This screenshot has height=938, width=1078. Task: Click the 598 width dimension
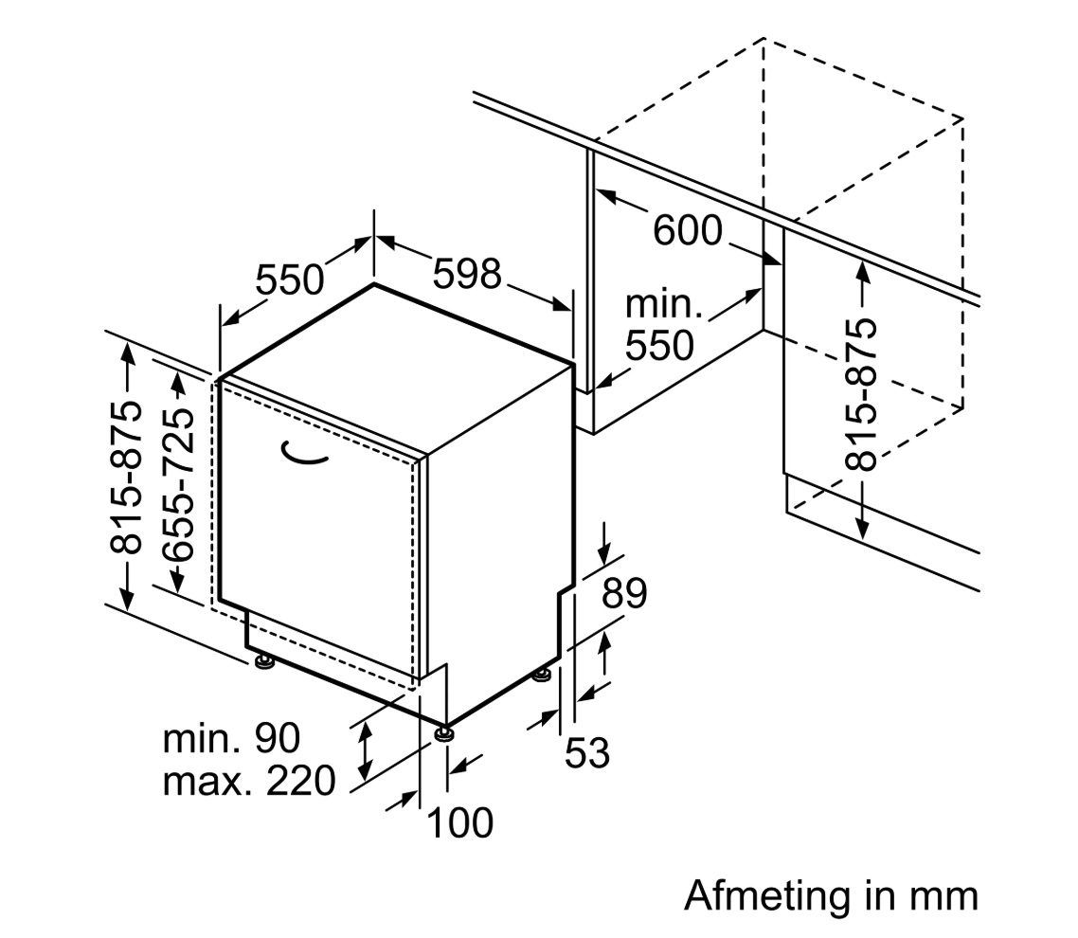pyautogui.click(x=466, y=275)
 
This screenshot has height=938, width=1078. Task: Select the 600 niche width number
pyautogui.click(x=688, y=230)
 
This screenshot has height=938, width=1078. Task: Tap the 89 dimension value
pyautogui.click(x=624, y=595)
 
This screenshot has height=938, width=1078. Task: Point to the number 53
pyautogui.click(x=586, y=754)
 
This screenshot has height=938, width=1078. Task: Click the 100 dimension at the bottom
pyautogui.click(x=460, y=822)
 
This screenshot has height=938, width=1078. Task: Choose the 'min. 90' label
pyautogui.click(x=231, y=738)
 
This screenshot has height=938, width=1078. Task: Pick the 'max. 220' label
pyautogui.click(x=249, y=783)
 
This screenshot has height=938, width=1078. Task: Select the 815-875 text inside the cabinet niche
pyautogui.click(x=861, y=395)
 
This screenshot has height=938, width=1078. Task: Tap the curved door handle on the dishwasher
pyautogui.click(x=305, y=456)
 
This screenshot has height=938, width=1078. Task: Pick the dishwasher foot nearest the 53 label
pyautogui.click(x=542, y=676)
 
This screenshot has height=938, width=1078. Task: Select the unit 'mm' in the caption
pyautogui.click(x=945, y=895)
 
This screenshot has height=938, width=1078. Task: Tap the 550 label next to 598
pyautogui.click(x=290, y=280)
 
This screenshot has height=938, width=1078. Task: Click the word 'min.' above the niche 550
pyautogui.click(x=664, y=305)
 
